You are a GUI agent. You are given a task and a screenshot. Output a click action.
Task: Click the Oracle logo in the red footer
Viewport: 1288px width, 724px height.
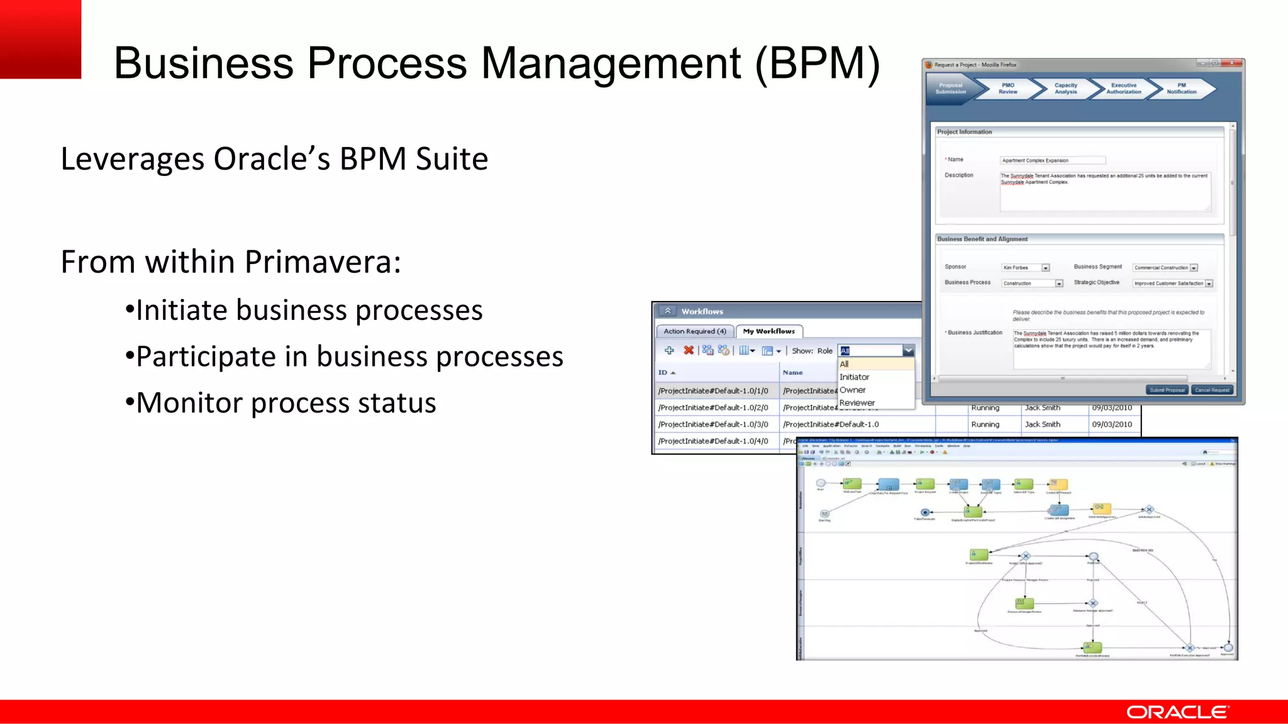point(1177,712)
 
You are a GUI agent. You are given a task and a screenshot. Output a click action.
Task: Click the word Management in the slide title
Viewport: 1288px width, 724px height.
point(611,63)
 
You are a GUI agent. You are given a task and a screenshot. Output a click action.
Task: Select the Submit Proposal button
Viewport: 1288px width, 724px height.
point(1167,390)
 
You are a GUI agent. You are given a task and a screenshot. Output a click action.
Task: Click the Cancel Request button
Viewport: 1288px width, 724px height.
point(1212,390)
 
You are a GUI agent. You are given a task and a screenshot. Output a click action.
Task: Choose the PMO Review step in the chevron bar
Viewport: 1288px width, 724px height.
point(1008,89)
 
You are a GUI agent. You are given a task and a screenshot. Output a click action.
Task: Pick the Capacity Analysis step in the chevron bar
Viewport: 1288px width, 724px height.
point(1065,89)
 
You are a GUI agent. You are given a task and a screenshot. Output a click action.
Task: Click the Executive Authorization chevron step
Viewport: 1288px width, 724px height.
point(1123,89)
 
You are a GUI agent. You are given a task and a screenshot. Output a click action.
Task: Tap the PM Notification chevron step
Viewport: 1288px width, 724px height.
point(1181,89)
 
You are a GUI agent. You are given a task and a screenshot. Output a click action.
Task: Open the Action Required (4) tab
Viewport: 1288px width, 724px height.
point(694,331)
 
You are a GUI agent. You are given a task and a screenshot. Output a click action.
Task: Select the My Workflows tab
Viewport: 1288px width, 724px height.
point(769,331)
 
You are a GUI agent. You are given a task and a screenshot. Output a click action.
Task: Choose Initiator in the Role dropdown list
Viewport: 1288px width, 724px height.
point(854,377)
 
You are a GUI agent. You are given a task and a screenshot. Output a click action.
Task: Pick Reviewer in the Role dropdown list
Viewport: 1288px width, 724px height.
point(857,403)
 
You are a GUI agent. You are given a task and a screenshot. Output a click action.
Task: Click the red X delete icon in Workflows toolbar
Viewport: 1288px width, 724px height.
point(689,351)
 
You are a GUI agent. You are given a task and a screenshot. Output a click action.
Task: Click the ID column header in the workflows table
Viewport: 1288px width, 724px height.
point(663,373)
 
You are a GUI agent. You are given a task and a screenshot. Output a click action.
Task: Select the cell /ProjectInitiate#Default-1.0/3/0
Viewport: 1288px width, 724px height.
point(713,425)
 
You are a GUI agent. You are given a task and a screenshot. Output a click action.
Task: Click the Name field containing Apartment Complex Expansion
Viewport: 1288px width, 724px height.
point(1052,160)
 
